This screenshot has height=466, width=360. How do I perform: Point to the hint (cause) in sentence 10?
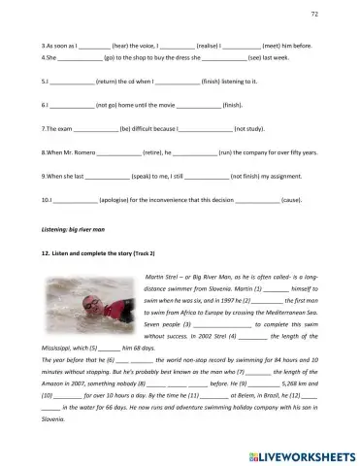[x=290, y=200]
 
